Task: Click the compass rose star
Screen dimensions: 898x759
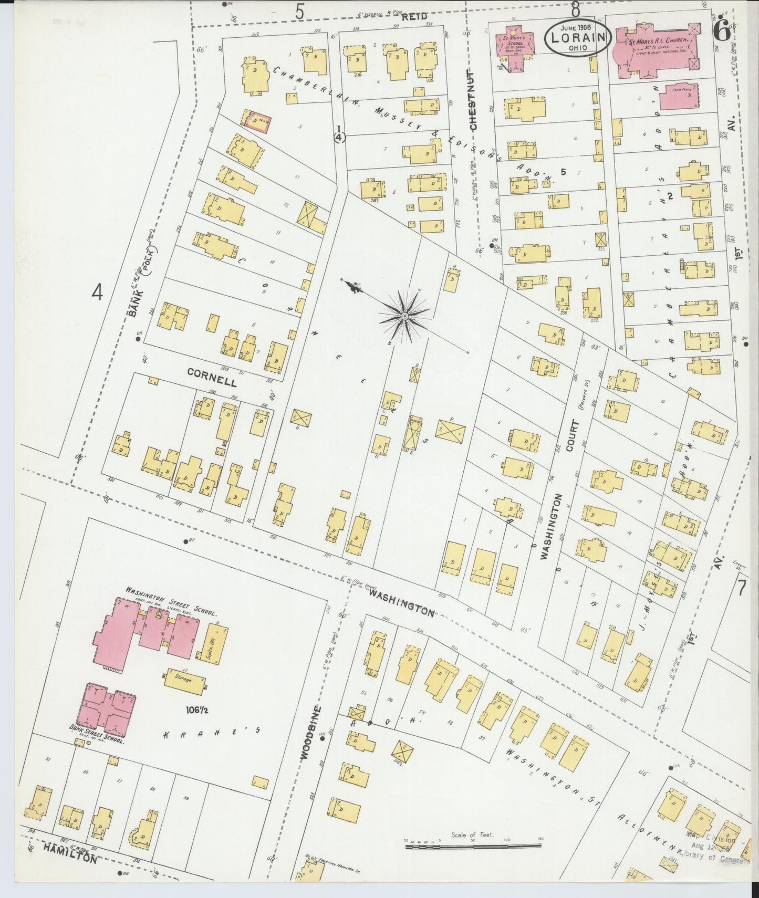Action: pyautogui.click(x=404, y=316)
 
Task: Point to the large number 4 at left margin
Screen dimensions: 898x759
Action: pyautogui.click(x=97, y=292)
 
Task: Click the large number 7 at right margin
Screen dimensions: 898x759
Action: pyautogui.click(x=741, y=588)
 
